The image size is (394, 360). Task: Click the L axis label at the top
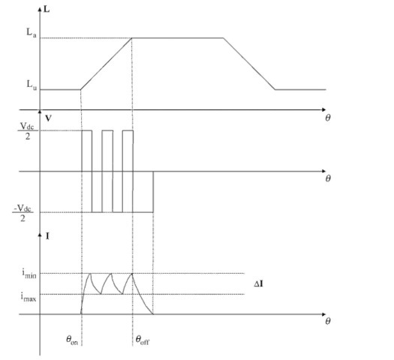pos(47,9)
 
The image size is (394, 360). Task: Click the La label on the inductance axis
pos(32,33)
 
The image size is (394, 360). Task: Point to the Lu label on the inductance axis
pos(32,85)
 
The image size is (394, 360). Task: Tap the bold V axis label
pos(48,118)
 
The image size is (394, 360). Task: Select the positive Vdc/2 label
pos(27,130)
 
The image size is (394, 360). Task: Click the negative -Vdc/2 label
pos(23,213)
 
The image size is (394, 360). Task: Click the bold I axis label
pos(47,236)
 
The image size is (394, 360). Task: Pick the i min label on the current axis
pos(29,274)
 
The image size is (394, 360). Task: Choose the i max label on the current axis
pos(29,297)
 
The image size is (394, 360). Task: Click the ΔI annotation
pos(259,284)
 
